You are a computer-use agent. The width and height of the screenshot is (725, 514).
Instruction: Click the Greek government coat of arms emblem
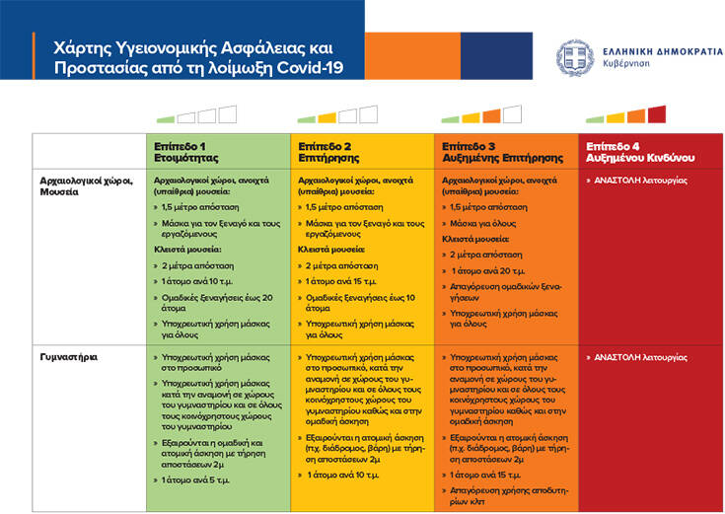click(576, 57)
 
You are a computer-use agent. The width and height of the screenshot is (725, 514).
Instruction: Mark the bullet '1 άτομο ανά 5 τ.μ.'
click(200, 479)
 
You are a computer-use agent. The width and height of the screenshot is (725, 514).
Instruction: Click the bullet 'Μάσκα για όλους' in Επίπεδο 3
click(486, 223)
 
